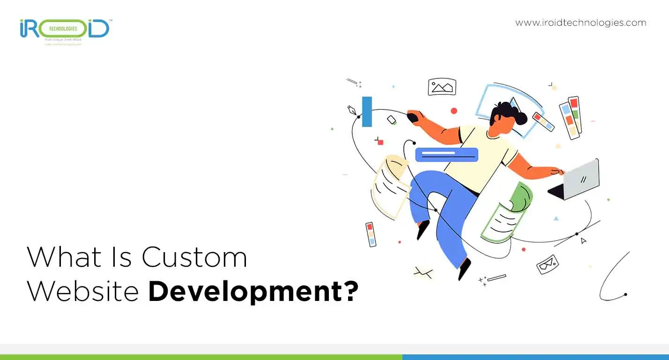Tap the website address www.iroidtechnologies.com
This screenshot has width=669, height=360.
580,22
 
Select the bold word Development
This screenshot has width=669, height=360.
245,292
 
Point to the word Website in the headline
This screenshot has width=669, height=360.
83,291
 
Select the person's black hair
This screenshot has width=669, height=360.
507,113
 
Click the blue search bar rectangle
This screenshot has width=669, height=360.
446,155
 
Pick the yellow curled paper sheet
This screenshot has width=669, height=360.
390,186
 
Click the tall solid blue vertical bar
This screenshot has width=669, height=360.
367,112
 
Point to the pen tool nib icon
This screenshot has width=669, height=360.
351,111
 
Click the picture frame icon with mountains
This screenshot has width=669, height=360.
442,87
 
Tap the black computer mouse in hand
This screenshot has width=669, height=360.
412,116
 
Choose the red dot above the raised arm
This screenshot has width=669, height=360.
453,111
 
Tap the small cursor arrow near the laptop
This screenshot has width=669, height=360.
583,240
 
